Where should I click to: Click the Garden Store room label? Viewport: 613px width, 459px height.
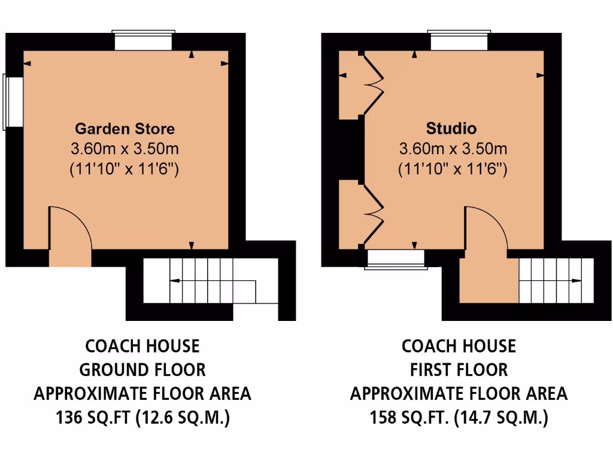pyautogui.click(x=125, y=128)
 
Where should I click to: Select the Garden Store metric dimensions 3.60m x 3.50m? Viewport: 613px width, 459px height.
pyautogui.click(x=125, y=148)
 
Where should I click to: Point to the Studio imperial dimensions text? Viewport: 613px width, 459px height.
pyautogui.click(x=453, y=169)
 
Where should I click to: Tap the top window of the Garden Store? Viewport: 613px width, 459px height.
pyautogui.click(x=144, y=41)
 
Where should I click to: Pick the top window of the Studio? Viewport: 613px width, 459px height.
pyautogui.click(x=460, y=41)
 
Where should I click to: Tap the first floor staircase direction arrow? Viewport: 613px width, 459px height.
pyautogui.click(x=554, y=280)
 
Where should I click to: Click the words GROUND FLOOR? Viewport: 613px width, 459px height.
pyautogui.click(x=142, y=370)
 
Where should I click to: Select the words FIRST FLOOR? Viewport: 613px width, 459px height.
pyautogui.click(x=459, y=370)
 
